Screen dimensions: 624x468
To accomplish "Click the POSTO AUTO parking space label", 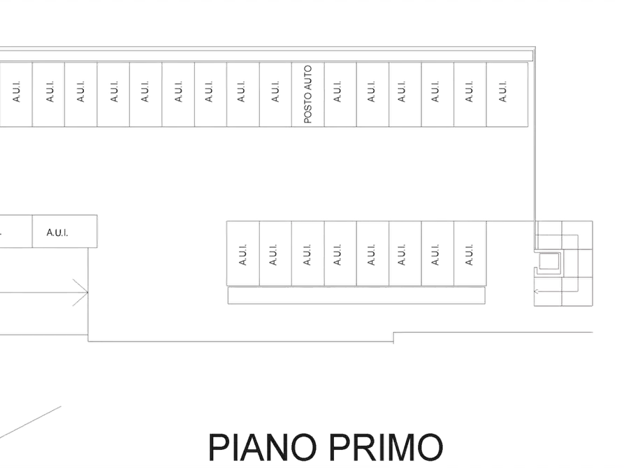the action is (x=308, y=94).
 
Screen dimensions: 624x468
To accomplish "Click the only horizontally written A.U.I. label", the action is (x=57, y=233).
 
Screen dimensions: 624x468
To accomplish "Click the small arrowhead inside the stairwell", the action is (x=536, y=291).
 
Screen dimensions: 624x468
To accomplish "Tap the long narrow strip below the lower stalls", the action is (x=356, y=295).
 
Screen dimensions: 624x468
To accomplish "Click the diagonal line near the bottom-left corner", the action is (x=30, y=422).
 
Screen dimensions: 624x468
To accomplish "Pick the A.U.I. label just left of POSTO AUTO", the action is (x=275, y=92).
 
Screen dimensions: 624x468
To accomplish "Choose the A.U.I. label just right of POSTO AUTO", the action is (x=338, y=92).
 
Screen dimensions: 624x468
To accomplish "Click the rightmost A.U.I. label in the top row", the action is (x=503, y=92).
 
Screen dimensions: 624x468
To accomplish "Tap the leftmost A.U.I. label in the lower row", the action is (x=242, y=255).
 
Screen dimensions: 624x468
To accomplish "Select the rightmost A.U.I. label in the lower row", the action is (x=469, y=255).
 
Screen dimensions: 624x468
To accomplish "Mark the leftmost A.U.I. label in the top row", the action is (x=16, y=92).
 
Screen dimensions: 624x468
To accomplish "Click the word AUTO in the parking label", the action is (x=308, y=78).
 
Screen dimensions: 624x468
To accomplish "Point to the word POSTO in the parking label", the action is (x=308, y=108).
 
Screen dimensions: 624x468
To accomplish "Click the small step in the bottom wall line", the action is (x=393, y=337).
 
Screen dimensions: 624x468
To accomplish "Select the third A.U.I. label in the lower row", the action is (x=307, y=255).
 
